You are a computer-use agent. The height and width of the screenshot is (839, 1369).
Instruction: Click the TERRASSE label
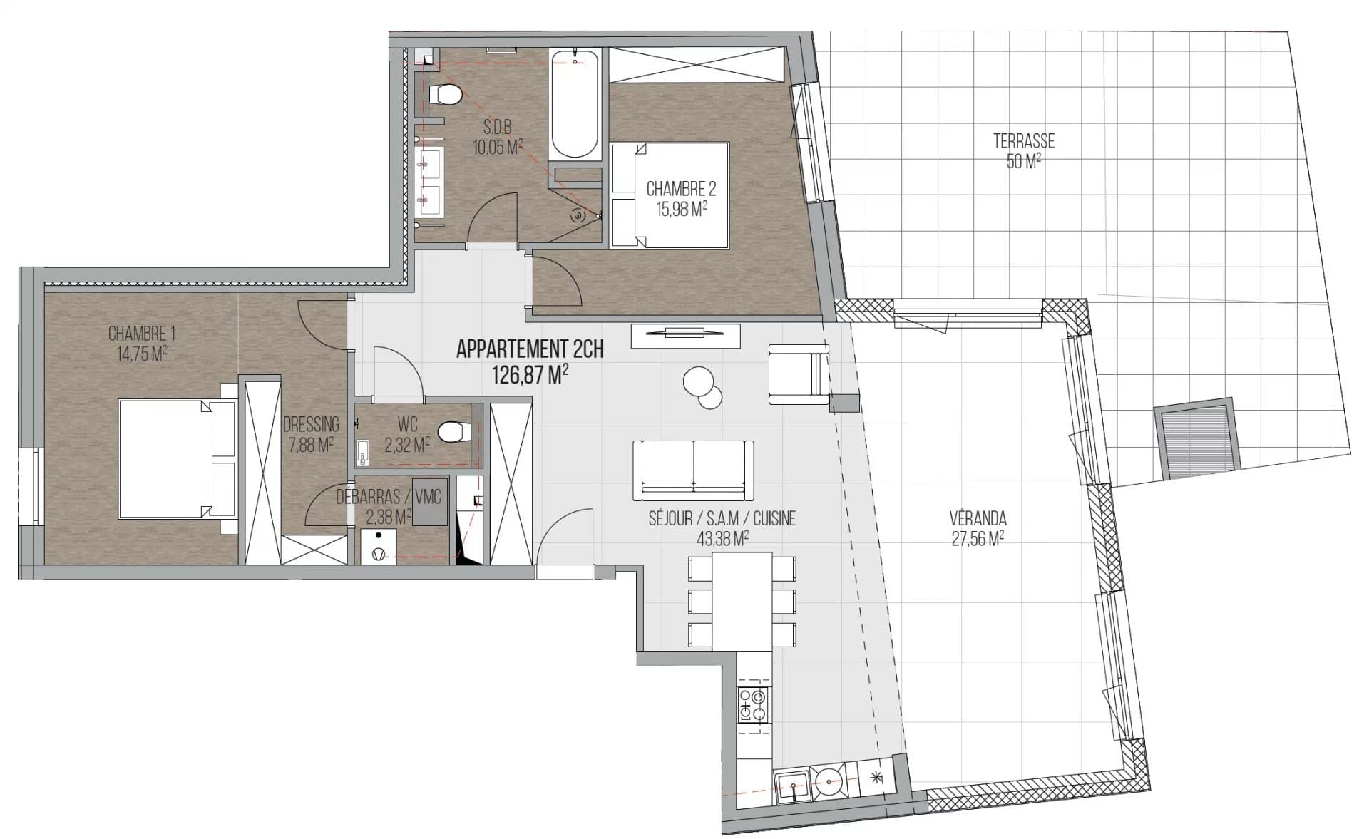[x=1023, y=141]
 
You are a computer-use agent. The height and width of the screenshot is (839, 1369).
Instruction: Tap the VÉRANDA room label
[x=978, y=518]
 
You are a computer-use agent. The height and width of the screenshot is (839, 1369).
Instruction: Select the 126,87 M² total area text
[x=530, y=375]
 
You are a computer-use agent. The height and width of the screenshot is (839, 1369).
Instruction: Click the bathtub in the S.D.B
[x=575, y=103]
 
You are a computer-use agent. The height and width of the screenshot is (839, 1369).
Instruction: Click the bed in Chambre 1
[x=177, y=459]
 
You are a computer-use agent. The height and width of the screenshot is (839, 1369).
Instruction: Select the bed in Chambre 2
[x=670, y=195]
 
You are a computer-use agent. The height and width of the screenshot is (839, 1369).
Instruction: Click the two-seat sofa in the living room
[x=693, y=470]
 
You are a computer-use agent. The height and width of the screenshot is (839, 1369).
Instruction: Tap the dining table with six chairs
[x=742, y=601]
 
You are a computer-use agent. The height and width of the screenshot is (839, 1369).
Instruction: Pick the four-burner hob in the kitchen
[x=753, y=704]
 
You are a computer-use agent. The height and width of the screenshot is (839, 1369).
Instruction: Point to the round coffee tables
[x=703, y=387]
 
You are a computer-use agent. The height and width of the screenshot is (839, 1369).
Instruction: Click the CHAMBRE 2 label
[x=681, y=189]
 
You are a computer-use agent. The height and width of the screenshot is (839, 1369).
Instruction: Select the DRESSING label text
[x=311, y=425]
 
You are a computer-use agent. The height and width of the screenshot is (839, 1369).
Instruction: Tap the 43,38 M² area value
[x=722, y=539]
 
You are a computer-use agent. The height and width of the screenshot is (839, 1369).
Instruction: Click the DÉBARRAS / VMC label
[x=389, y=497]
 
